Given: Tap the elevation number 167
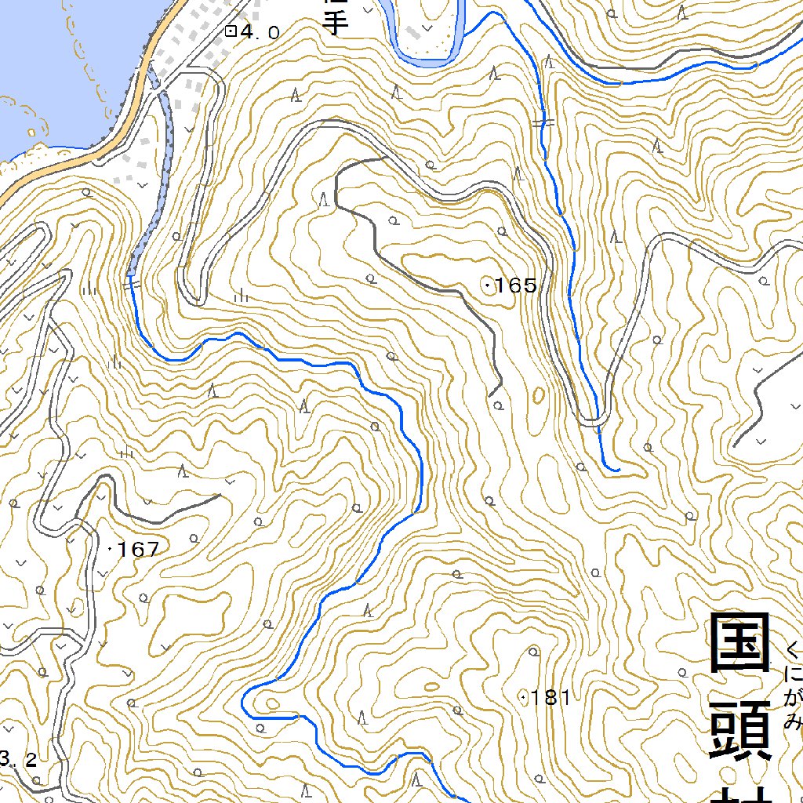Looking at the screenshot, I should point(138,550).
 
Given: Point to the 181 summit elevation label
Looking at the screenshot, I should point(551,697).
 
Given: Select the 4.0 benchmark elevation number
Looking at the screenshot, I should point(260,32).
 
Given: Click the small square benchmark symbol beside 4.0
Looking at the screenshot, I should point(231,31).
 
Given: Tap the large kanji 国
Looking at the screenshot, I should point(740,644).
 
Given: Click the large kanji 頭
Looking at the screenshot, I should point(740,730).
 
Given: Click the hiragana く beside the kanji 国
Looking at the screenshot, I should point(794,650).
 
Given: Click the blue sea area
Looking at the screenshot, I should point(55,63).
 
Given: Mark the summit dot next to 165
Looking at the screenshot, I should point(489,285).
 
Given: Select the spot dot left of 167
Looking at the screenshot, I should point(109,550).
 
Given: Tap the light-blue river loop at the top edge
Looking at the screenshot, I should point(427,56).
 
